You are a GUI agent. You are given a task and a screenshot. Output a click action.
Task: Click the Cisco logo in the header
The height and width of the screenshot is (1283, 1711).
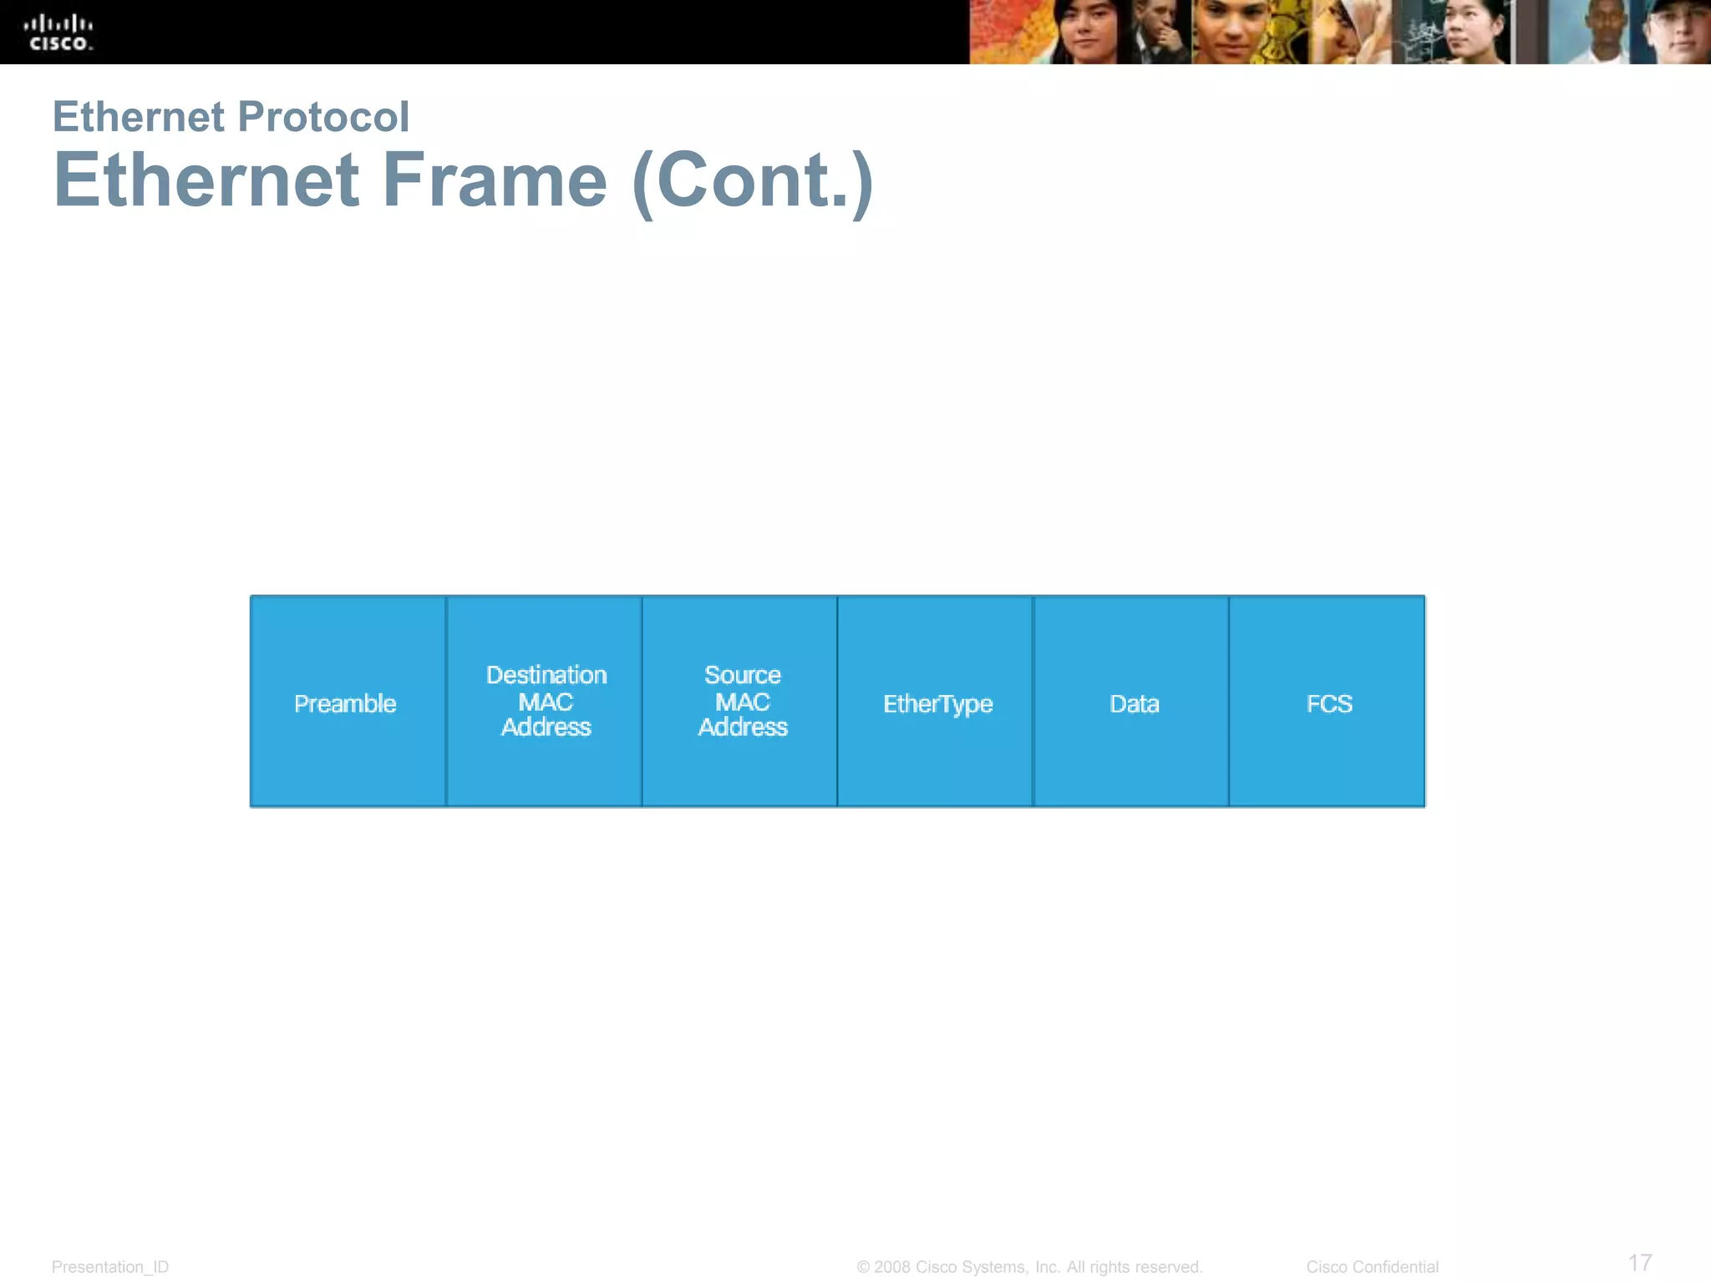click(58, 33)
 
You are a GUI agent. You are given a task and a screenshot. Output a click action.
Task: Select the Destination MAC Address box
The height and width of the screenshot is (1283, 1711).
click(545, 702)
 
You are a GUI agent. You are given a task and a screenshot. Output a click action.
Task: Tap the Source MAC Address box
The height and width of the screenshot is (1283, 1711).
click(740, 702)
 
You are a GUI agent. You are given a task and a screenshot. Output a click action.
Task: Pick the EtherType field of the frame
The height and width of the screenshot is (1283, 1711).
click(937, 703)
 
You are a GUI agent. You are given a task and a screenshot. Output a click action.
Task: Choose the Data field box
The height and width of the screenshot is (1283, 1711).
click(1132, 703)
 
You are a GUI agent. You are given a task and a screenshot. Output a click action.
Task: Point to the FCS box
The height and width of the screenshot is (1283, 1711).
click(1328, 703)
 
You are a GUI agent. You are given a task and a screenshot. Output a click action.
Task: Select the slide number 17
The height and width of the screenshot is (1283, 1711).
click(1640, 1262)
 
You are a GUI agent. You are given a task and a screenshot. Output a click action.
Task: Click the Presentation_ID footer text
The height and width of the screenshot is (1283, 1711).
click(110, 1267)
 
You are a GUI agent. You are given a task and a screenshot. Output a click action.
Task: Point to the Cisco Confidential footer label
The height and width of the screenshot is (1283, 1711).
click(1372, 1267)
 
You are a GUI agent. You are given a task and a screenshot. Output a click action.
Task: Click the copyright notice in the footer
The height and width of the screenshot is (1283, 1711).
click(1029, 1267)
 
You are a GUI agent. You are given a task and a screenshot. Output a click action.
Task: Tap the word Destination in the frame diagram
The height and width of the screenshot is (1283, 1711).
click(546, 675)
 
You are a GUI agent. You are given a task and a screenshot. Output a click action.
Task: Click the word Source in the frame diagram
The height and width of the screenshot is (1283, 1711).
click(742, 675)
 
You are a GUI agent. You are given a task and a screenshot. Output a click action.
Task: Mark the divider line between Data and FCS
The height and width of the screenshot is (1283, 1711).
click(1229, 702)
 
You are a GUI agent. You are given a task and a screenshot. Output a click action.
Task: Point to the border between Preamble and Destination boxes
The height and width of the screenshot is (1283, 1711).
click(446, 702)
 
